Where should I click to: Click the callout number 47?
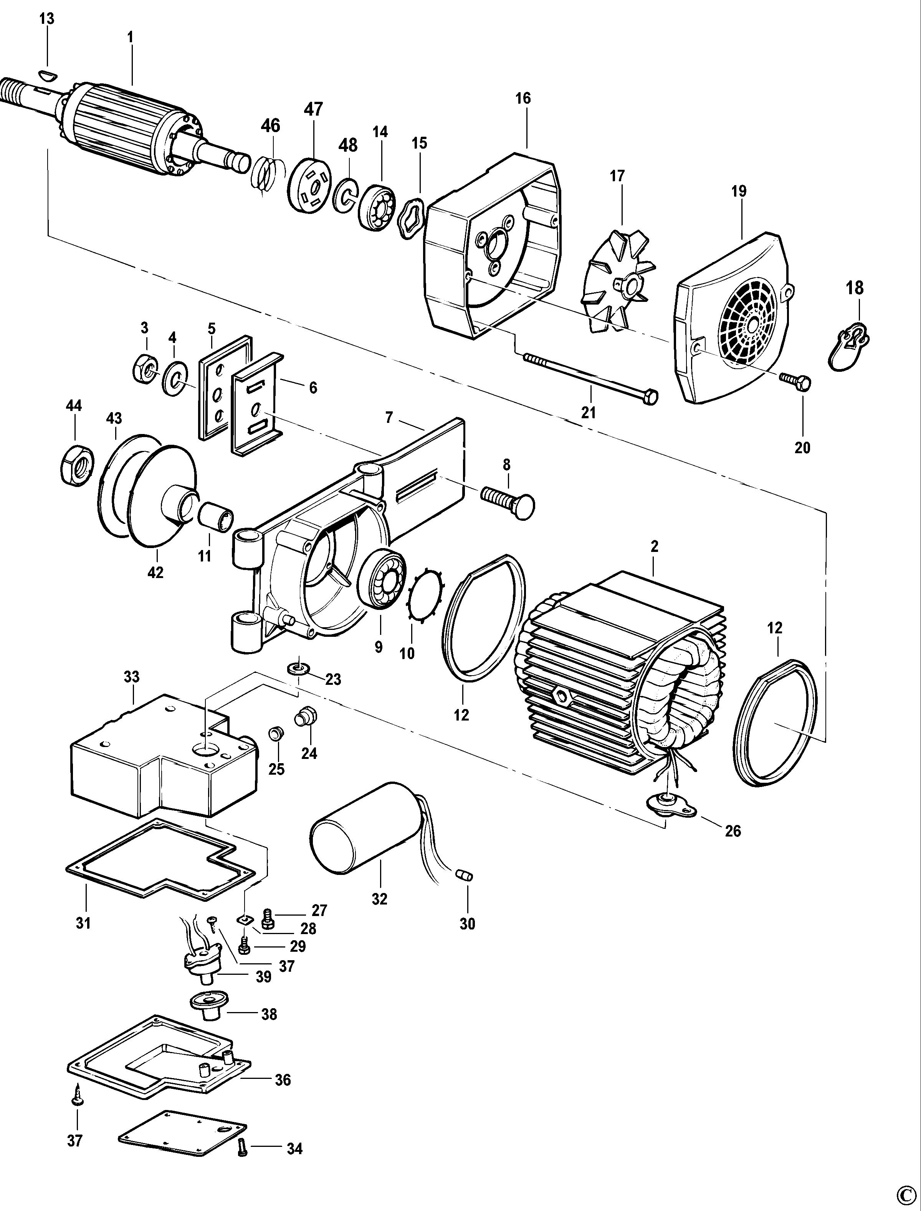click(314, 109)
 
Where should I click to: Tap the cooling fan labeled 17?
click(618, 282)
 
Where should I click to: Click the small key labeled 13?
click(48, 74)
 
